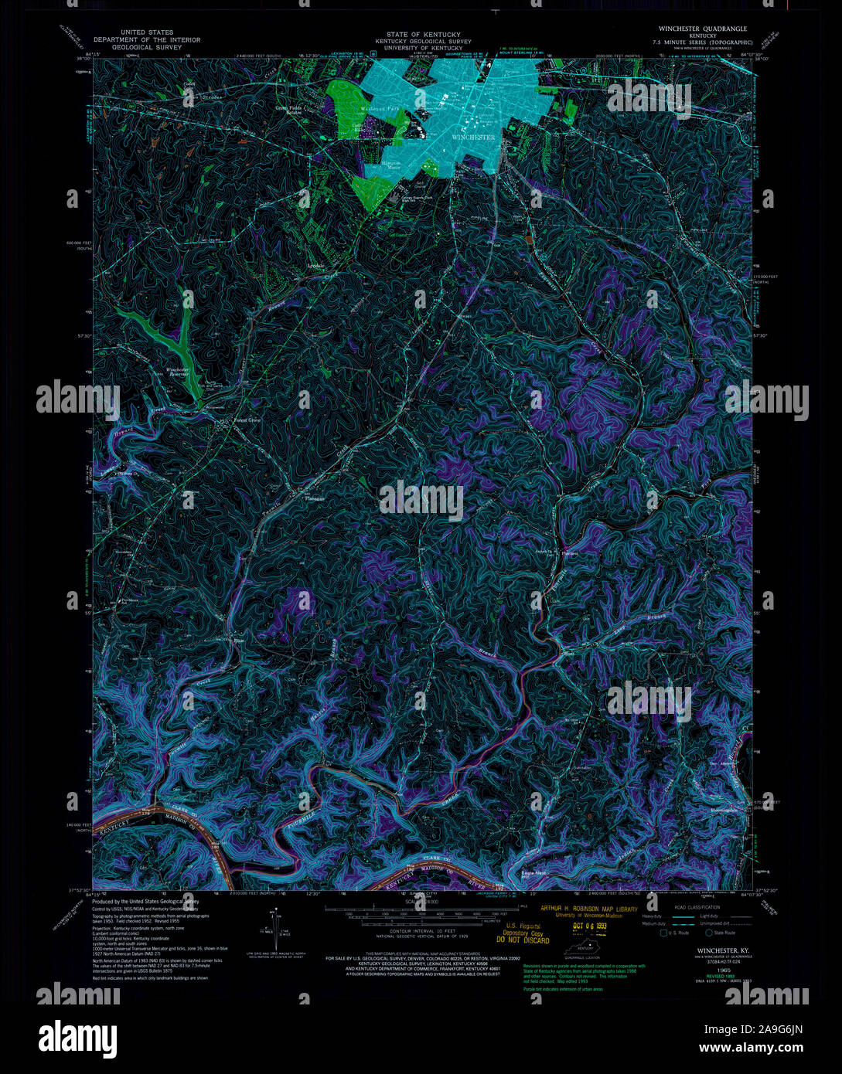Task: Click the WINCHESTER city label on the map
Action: pyautogui.click(x=472, y=137)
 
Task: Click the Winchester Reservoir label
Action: pyautogui.click(x=178, y=372)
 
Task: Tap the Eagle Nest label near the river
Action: pyautogui.click(x=533, y=873)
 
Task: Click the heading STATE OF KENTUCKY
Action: pyautogui.click(x=424, y=35)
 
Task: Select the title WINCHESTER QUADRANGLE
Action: pyautogui.click(x=702, y=29)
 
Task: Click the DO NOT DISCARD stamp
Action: pyautogui.click(x=528, y=940)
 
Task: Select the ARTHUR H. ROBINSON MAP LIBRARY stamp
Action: pyautogui.click(x=589, y=909)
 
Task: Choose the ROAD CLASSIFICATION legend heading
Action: pyautogui.click(x=696, y=907)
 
